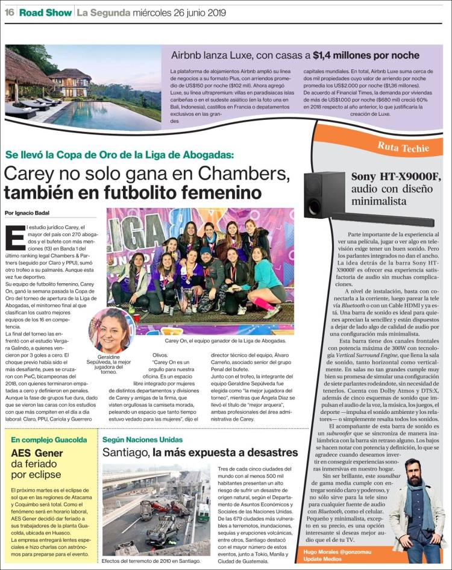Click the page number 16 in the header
tap(9, 12)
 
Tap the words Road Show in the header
tap(45, 12)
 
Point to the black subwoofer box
tap(321, 193)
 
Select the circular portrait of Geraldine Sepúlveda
tap(111, 330)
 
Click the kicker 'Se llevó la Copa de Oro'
tap(119, 154)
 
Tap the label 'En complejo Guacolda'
tap(49, 440)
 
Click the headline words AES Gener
tap(37, 453)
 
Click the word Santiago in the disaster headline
tap(125, 452)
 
